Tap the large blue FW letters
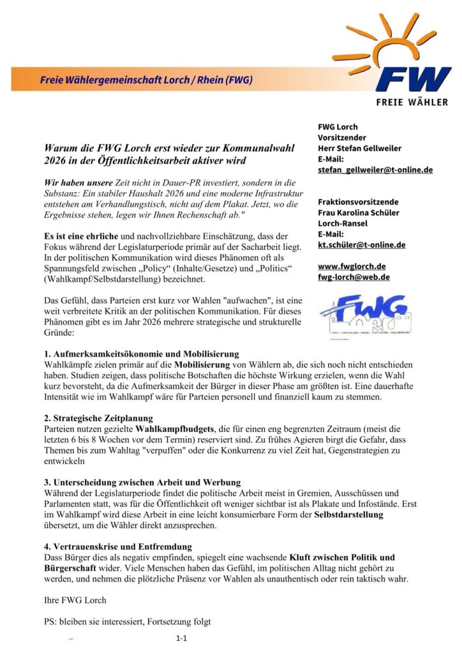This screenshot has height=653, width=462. click(413, 80)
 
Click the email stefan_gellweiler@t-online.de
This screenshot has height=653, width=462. click(375, 170)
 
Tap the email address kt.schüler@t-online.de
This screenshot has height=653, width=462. click(361, 244)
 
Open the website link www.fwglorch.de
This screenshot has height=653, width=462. click(351, 266)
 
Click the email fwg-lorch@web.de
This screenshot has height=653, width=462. click(354, 277)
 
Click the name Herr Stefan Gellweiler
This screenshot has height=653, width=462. click(359, 148)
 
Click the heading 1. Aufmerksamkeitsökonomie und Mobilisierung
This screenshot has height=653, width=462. click(142, 354)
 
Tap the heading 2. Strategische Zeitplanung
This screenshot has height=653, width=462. click(99, 418)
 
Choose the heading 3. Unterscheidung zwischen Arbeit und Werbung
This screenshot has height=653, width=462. click(142, 481)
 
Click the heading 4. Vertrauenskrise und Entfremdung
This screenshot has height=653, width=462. click(118, 547)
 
